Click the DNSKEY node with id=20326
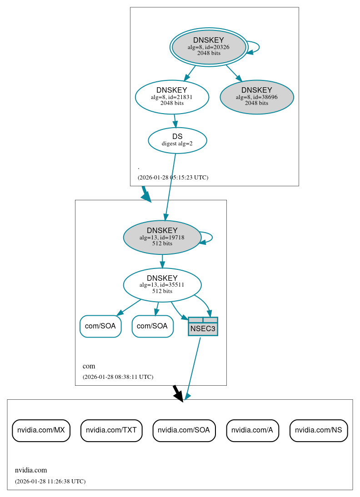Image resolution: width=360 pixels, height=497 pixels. pyautogui.click(x=209, y=47)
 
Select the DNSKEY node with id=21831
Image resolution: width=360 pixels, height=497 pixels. pyautogui.click(x=172, y=97)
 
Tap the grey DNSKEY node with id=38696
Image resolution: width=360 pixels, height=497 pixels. pyautogui.click(x=256, y=97)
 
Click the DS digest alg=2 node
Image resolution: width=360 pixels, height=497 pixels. pyautogui.click(x=177, y=140)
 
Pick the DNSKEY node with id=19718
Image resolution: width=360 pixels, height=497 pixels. pyautogui.click(x=162, y=237)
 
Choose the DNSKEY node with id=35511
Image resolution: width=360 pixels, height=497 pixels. pyautogui.click(x=162, y=285)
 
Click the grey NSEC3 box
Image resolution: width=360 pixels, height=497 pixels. pyautogui.click(x=203, y=327)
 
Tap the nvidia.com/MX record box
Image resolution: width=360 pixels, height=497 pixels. pyautogui.click(x=41, y=430)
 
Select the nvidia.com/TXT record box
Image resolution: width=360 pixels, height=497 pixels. pyautogui.click(x=111, y=430)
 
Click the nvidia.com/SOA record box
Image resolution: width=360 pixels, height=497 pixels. pyautogui.click(x=183, y=430)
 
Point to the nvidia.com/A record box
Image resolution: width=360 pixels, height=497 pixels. pyautogui.click(x=252, y=430)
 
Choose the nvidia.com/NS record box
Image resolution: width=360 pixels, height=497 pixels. pyautogui.click(x=319, y=430)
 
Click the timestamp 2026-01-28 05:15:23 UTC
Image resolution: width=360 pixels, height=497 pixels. pyautogui.click(x=173, y=178)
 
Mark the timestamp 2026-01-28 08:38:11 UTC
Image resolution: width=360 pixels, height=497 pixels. pyautogui.click(x=118, y=377)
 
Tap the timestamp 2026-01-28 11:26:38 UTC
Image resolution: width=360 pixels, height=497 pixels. pyautogui.click(x=50, y=482)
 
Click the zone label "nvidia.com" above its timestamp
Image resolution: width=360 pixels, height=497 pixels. pyautogui.click(x=31, y=470)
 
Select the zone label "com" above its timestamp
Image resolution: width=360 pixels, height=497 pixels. pyautogui.click(x=89, y=366)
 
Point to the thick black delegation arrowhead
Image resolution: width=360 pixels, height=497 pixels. pyautogui.click(x=179, y=396)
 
